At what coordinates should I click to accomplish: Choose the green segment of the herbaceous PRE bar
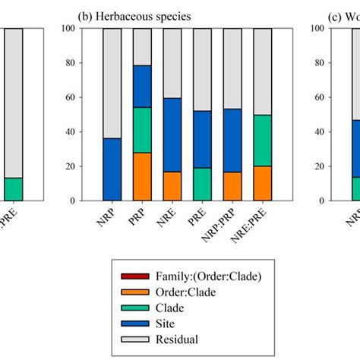(203, 184)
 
